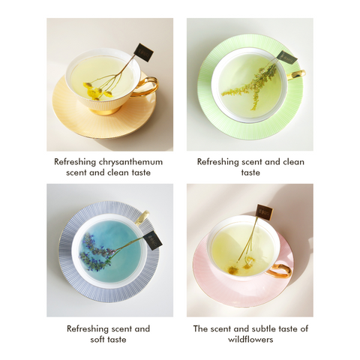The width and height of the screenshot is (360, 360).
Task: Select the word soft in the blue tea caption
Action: click(97, 340)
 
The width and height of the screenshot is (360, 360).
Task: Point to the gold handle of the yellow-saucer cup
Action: click(149, 85)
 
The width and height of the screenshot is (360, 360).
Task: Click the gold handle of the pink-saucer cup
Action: click(280, 268)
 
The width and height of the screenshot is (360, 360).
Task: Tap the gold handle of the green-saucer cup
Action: click(298, 74)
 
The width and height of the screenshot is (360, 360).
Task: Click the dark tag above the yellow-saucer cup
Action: click(144, 52)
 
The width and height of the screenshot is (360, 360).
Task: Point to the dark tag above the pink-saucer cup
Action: click(264, 211)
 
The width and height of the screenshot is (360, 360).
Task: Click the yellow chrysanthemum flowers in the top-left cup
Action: click(94, 91)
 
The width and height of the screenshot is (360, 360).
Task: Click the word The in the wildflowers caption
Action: click(200, 328)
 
